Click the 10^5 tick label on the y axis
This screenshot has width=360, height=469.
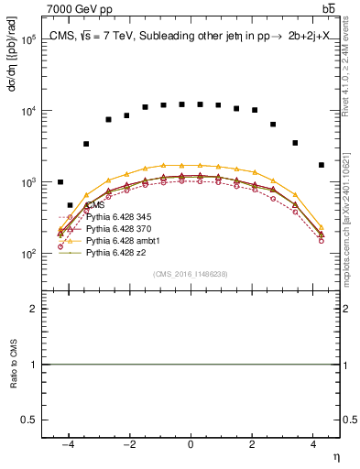[27, 40]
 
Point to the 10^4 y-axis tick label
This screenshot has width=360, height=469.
[27, 111]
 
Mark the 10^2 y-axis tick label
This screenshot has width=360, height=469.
[27, 254]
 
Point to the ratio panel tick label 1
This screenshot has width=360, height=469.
[32, 365]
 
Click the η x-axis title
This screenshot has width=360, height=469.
[335, 455]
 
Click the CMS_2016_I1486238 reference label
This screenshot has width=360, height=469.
[190, 274]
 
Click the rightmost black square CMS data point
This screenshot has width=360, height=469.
[321, 165]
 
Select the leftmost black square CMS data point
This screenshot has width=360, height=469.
[60, 182]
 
